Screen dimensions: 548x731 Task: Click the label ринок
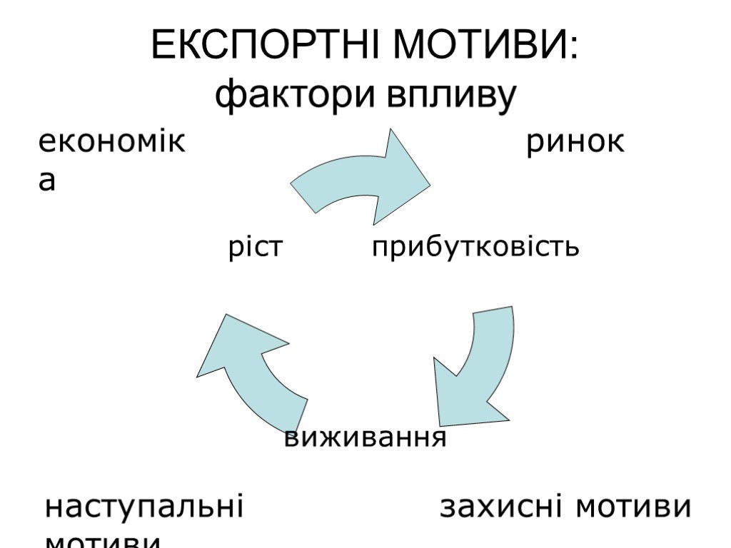coord(575,143)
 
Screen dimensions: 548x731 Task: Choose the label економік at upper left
coord(111,143)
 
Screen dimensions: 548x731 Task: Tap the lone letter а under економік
coord(46,182)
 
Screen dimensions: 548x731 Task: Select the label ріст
coord(256,247)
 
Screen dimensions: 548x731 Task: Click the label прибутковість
coord(475,247)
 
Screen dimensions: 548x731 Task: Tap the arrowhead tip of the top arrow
coord(429,187)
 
